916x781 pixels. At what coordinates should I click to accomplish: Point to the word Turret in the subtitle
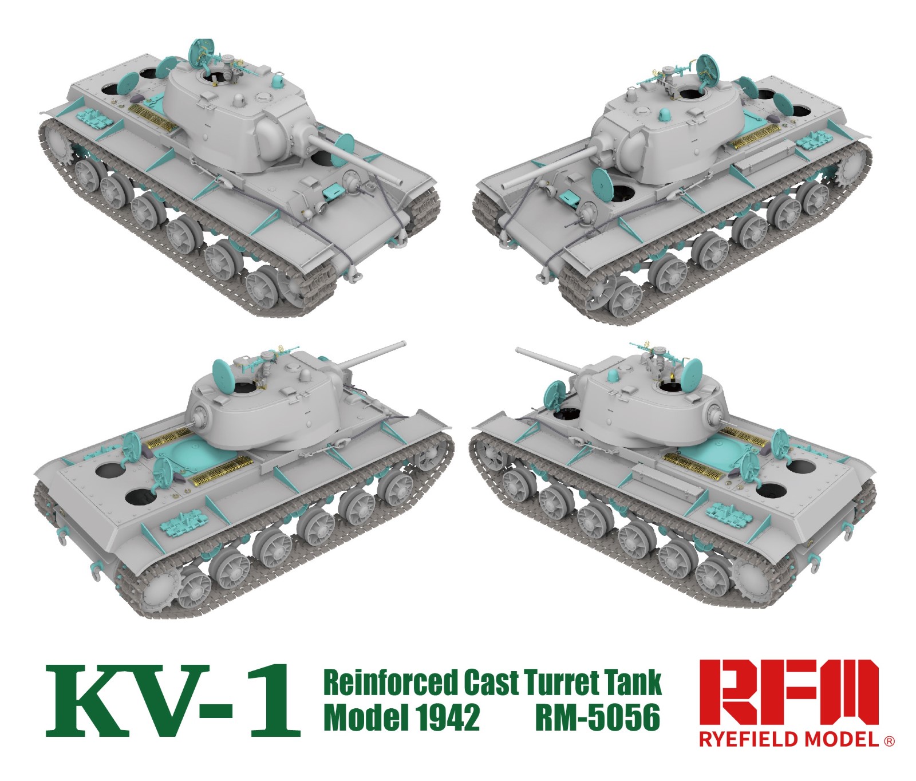pyautogui.click(x=561, y=683)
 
